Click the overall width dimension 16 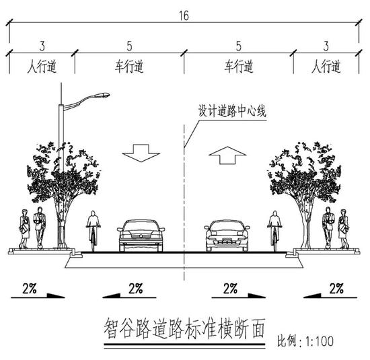point(184,16)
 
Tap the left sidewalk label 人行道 point(42,67)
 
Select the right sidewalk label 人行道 point(326,67)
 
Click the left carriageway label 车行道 point(129,67)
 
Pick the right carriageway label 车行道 point(239,67)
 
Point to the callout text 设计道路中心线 point(232,111)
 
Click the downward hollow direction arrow point(141,153)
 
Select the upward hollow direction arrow point(227,155)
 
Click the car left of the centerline point(141,236)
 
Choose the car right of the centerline point(227,236)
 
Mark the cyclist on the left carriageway point(94,231)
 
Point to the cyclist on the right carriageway point(274,231)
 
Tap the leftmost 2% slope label point(30,288)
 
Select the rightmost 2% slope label point(336,288)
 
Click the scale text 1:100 point(320,341)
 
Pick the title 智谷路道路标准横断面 point(184,328)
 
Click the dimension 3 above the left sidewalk point(42,46)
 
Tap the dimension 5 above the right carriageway point(239,46)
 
